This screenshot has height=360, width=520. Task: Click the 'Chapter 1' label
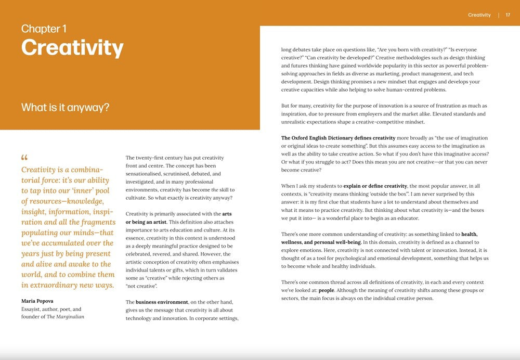[x=44, y=29]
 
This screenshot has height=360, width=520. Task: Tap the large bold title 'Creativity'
[x=72, y=48]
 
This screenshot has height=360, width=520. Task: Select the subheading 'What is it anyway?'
[x=65, y=108]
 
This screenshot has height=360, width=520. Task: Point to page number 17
[x=508, y=15]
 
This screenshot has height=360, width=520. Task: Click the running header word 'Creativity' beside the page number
[x=479, y=15]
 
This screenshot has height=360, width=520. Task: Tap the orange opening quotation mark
[x=24, y=158]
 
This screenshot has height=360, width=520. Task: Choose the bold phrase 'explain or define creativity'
[x=374, y=186]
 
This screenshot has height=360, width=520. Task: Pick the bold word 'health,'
[x=466, y=234]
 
